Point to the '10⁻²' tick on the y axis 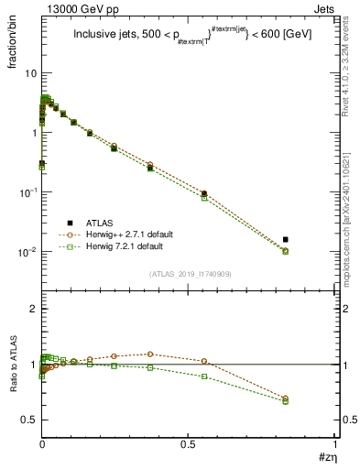pos(27,251)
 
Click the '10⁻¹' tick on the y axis pos(27,191)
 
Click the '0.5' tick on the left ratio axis pos(28,420)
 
